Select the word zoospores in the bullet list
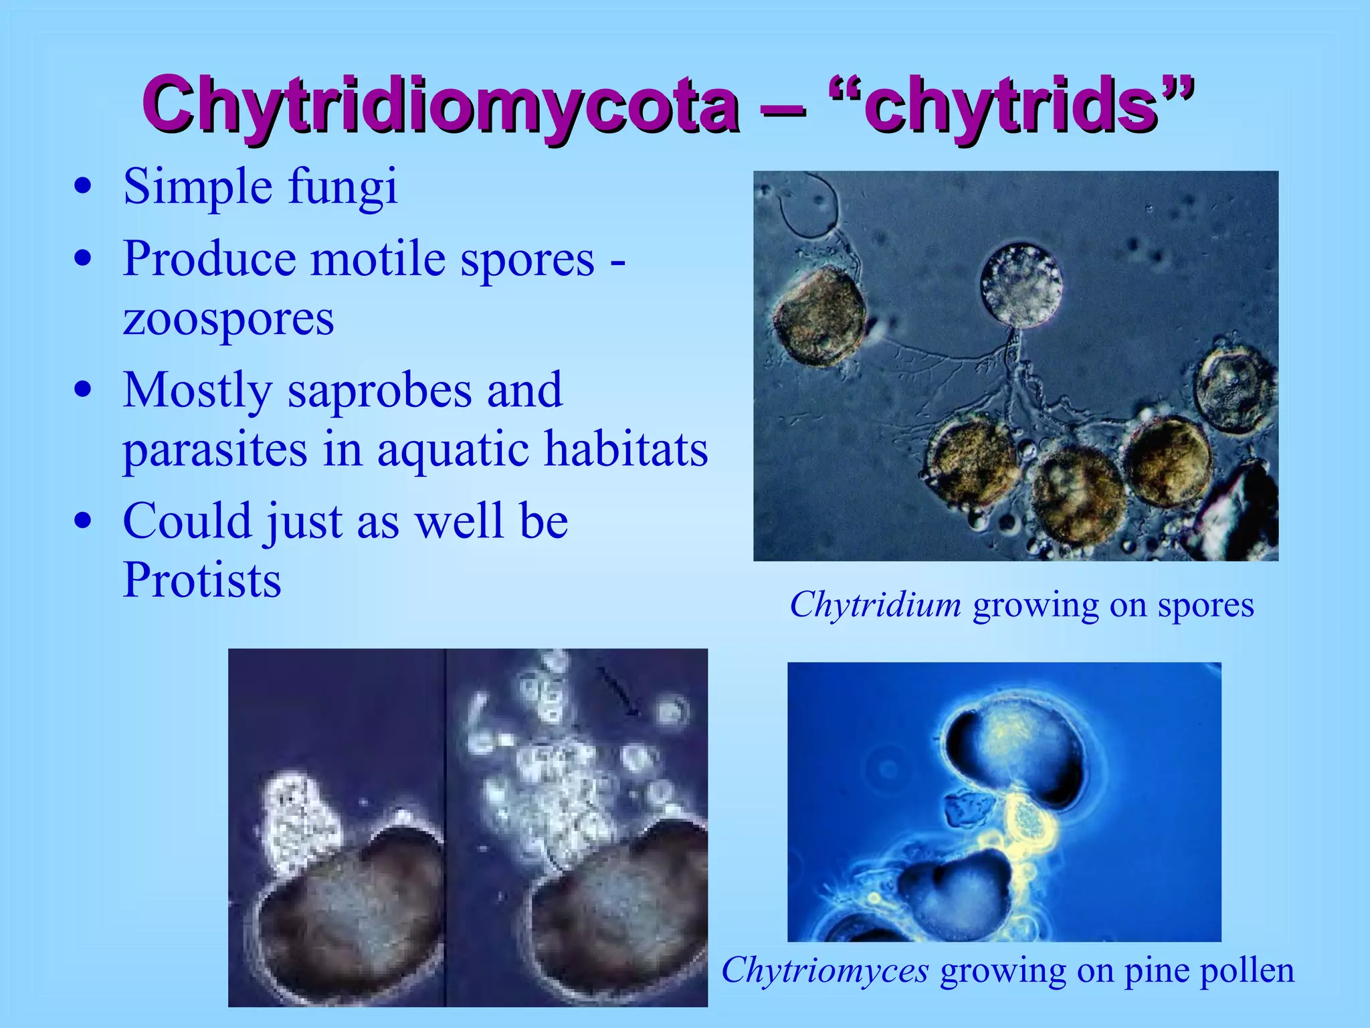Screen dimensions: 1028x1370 tap(228, 319)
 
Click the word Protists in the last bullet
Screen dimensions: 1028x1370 tap(202, 580)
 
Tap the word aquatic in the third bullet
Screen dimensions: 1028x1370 tap(454, 449)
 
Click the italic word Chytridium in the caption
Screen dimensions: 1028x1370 tap(875, 605)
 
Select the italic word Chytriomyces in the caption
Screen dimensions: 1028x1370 tap(825, 970)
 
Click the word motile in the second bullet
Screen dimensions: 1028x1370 tap(378, 259)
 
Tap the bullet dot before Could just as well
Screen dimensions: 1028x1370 tap(83, 521)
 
